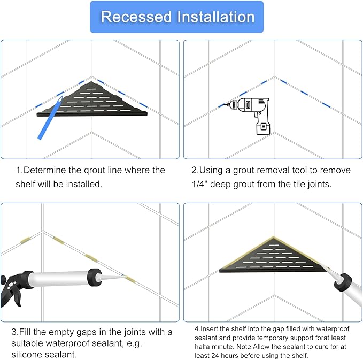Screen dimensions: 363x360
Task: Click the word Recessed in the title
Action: coord(136,17)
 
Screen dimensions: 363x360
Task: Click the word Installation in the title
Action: coord(216,17)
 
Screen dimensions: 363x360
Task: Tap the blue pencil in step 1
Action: coord(50,118)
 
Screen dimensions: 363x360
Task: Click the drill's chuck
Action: coord(232,105)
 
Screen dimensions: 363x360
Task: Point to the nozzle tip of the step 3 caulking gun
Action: coord(122,275)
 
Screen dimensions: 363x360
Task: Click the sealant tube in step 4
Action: coord(347,287)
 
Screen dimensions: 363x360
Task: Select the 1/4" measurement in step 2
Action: coord(199,184)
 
